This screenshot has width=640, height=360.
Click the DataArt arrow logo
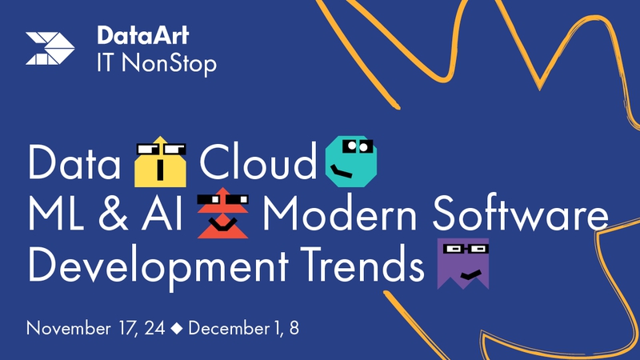(x=50, y=48)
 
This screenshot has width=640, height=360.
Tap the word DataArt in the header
(x=143, y=35)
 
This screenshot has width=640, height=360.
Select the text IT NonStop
(x=157, y=64)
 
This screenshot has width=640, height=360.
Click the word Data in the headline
(x=74, y=162)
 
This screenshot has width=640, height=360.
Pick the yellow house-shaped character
(x=161, y=162)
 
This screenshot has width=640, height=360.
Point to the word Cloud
(x=258, y=162)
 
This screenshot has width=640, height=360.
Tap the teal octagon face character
(x=351, y=162)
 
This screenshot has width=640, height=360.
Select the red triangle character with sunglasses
(x=223, y=213)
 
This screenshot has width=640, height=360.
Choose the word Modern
(x=339, y=214)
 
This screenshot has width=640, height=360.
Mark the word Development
(x=158, y=265)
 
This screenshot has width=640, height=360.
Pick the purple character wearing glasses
(x=463, y=264)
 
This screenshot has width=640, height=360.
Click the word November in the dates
(x=68, y=329)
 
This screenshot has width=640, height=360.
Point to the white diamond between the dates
(x=177, y=328)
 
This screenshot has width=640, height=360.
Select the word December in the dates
(x=229, y=328)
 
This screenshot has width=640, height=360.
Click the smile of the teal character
(x=342, y=171)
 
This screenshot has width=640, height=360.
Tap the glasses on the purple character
(x=466, y=248)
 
